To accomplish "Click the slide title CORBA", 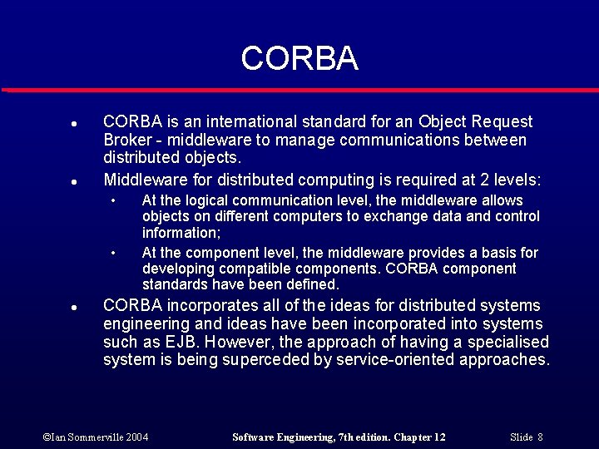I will pyautogui.click(x=299, y=58).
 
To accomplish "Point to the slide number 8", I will pyautogui.click(x=540, y=437).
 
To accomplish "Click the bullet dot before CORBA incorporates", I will pyautogui.click(x=74, y=307).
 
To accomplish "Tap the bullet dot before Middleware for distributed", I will pyautogui.click(x=74, y=180).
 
